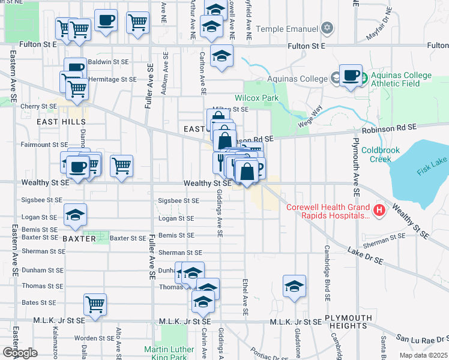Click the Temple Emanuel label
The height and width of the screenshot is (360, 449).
click(x=286, y=29)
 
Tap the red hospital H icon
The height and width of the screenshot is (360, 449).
click(x=379, y=210)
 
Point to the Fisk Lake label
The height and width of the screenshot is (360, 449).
click(x=432, y=169)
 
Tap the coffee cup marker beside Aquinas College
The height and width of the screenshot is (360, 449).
click(x=351, y=76)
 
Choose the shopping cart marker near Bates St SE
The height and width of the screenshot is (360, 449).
click(x=95, y=304)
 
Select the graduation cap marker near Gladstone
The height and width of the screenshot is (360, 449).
click(x=294, y=286)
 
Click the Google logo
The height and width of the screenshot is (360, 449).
click(x=20, y=352)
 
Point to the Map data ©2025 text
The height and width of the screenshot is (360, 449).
click(x=423, y=355)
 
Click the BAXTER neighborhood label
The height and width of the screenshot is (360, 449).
click(x=79, y=238)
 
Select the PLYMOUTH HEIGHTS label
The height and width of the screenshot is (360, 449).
click(x=345, y=321)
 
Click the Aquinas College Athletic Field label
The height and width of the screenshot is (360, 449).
click(x=401, y=80)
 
